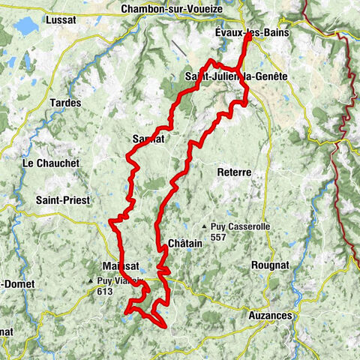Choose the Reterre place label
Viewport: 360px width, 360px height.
(x=233, y=172)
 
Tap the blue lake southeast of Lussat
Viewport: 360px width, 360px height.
(x=26, y=28)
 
